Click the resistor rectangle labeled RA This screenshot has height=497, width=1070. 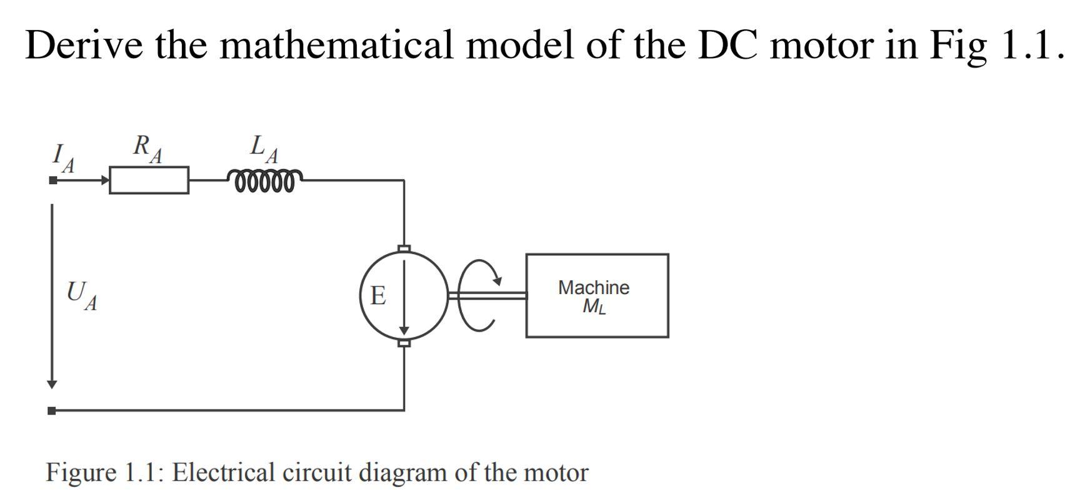[x=149, y=180]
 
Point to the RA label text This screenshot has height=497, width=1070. [x=147, y=149]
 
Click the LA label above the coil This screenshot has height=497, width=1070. [x=264, y=149]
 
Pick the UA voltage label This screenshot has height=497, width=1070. [x=81, y=295]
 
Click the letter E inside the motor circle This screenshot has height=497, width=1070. [x=377, y=295]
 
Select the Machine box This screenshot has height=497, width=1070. [x=596, y=295]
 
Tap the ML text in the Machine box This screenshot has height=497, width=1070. [x=594, y=307]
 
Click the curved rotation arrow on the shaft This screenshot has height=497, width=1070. [x=481, y=293]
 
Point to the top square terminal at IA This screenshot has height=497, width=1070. [x=53, y=180]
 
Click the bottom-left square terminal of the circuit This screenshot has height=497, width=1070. [x=52, y=410]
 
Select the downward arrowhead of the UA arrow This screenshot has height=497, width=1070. [x=52, y=383]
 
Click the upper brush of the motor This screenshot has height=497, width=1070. [x=404, y=248]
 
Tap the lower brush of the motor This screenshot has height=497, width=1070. [x=404, y=343]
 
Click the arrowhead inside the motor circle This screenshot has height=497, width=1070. [x=404, y=330]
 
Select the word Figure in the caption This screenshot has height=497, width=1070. [x=81, y=473]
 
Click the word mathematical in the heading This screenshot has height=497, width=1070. [x=336, y=45]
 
